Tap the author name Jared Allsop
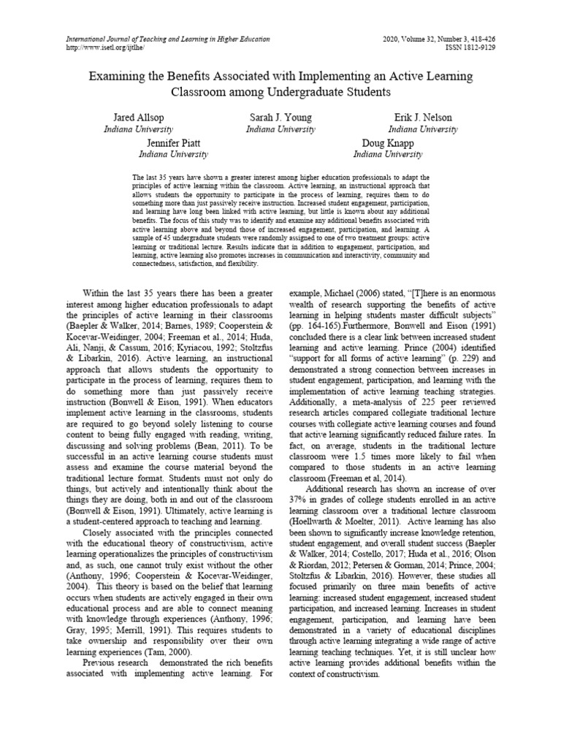[139, 118]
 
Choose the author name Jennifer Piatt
[174, 143]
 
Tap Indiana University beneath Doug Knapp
[387, 154]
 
